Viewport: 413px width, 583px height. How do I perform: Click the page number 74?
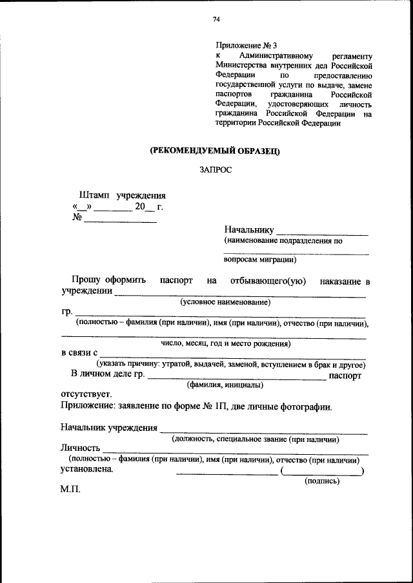coord(217,20)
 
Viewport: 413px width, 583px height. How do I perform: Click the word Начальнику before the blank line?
coord(249,229)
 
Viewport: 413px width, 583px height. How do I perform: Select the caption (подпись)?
coord(322,481)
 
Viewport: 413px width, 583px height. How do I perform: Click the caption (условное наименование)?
coord(225,301)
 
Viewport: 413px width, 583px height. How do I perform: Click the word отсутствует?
coord(86,394)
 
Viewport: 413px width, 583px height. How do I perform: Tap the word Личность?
coord(81,448)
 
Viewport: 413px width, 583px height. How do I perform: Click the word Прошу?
coord(86,281)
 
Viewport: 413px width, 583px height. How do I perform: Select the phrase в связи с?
coord(79,352)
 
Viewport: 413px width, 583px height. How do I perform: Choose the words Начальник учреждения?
coord(109,427)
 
